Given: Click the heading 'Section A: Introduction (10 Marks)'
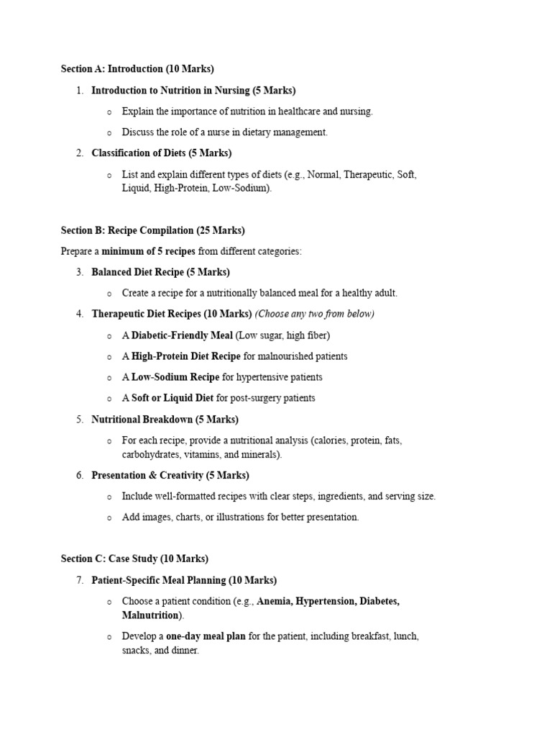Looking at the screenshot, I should click(x=137, y=69).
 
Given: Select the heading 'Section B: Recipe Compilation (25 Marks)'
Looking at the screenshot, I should click(x=152, y=230).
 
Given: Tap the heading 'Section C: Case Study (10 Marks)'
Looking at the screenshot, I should click(x=134, y=559).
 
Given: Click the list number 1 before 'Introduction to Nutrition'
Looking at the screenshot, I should click(x=79, y=91).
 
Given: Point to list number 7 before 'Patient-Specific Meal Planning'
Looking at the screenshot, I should click(x=79, y=580).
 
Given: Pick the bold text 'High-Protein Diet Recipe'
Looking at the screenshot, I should click(x=186, y=356).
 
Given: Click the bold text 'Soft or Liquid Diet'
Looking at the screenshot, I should click(x=172, y=398).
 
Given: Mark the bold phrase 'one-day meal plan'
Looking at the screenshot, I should click(x=206, y=637).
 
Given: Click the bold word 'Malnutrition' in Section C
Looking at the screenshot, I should click(x=150, y=615).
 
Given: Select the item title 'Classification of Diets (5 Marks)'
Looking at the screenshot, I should click(x=162, y=153).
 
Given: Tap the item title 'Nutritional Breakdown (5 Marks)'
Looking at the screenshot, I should click(x=165, y=419).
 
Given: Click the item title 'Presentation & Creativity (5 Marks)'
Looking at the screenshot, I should click(x=170, y=475).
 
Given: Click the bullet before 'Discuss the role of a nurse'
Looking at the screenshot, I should click(x=109, y=133).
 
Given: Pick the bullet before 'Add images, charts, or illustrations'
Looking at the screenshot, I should click(x=109, y=517).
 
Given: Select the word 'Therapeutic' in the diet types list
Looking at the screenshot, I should click(x=366, y=174).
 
